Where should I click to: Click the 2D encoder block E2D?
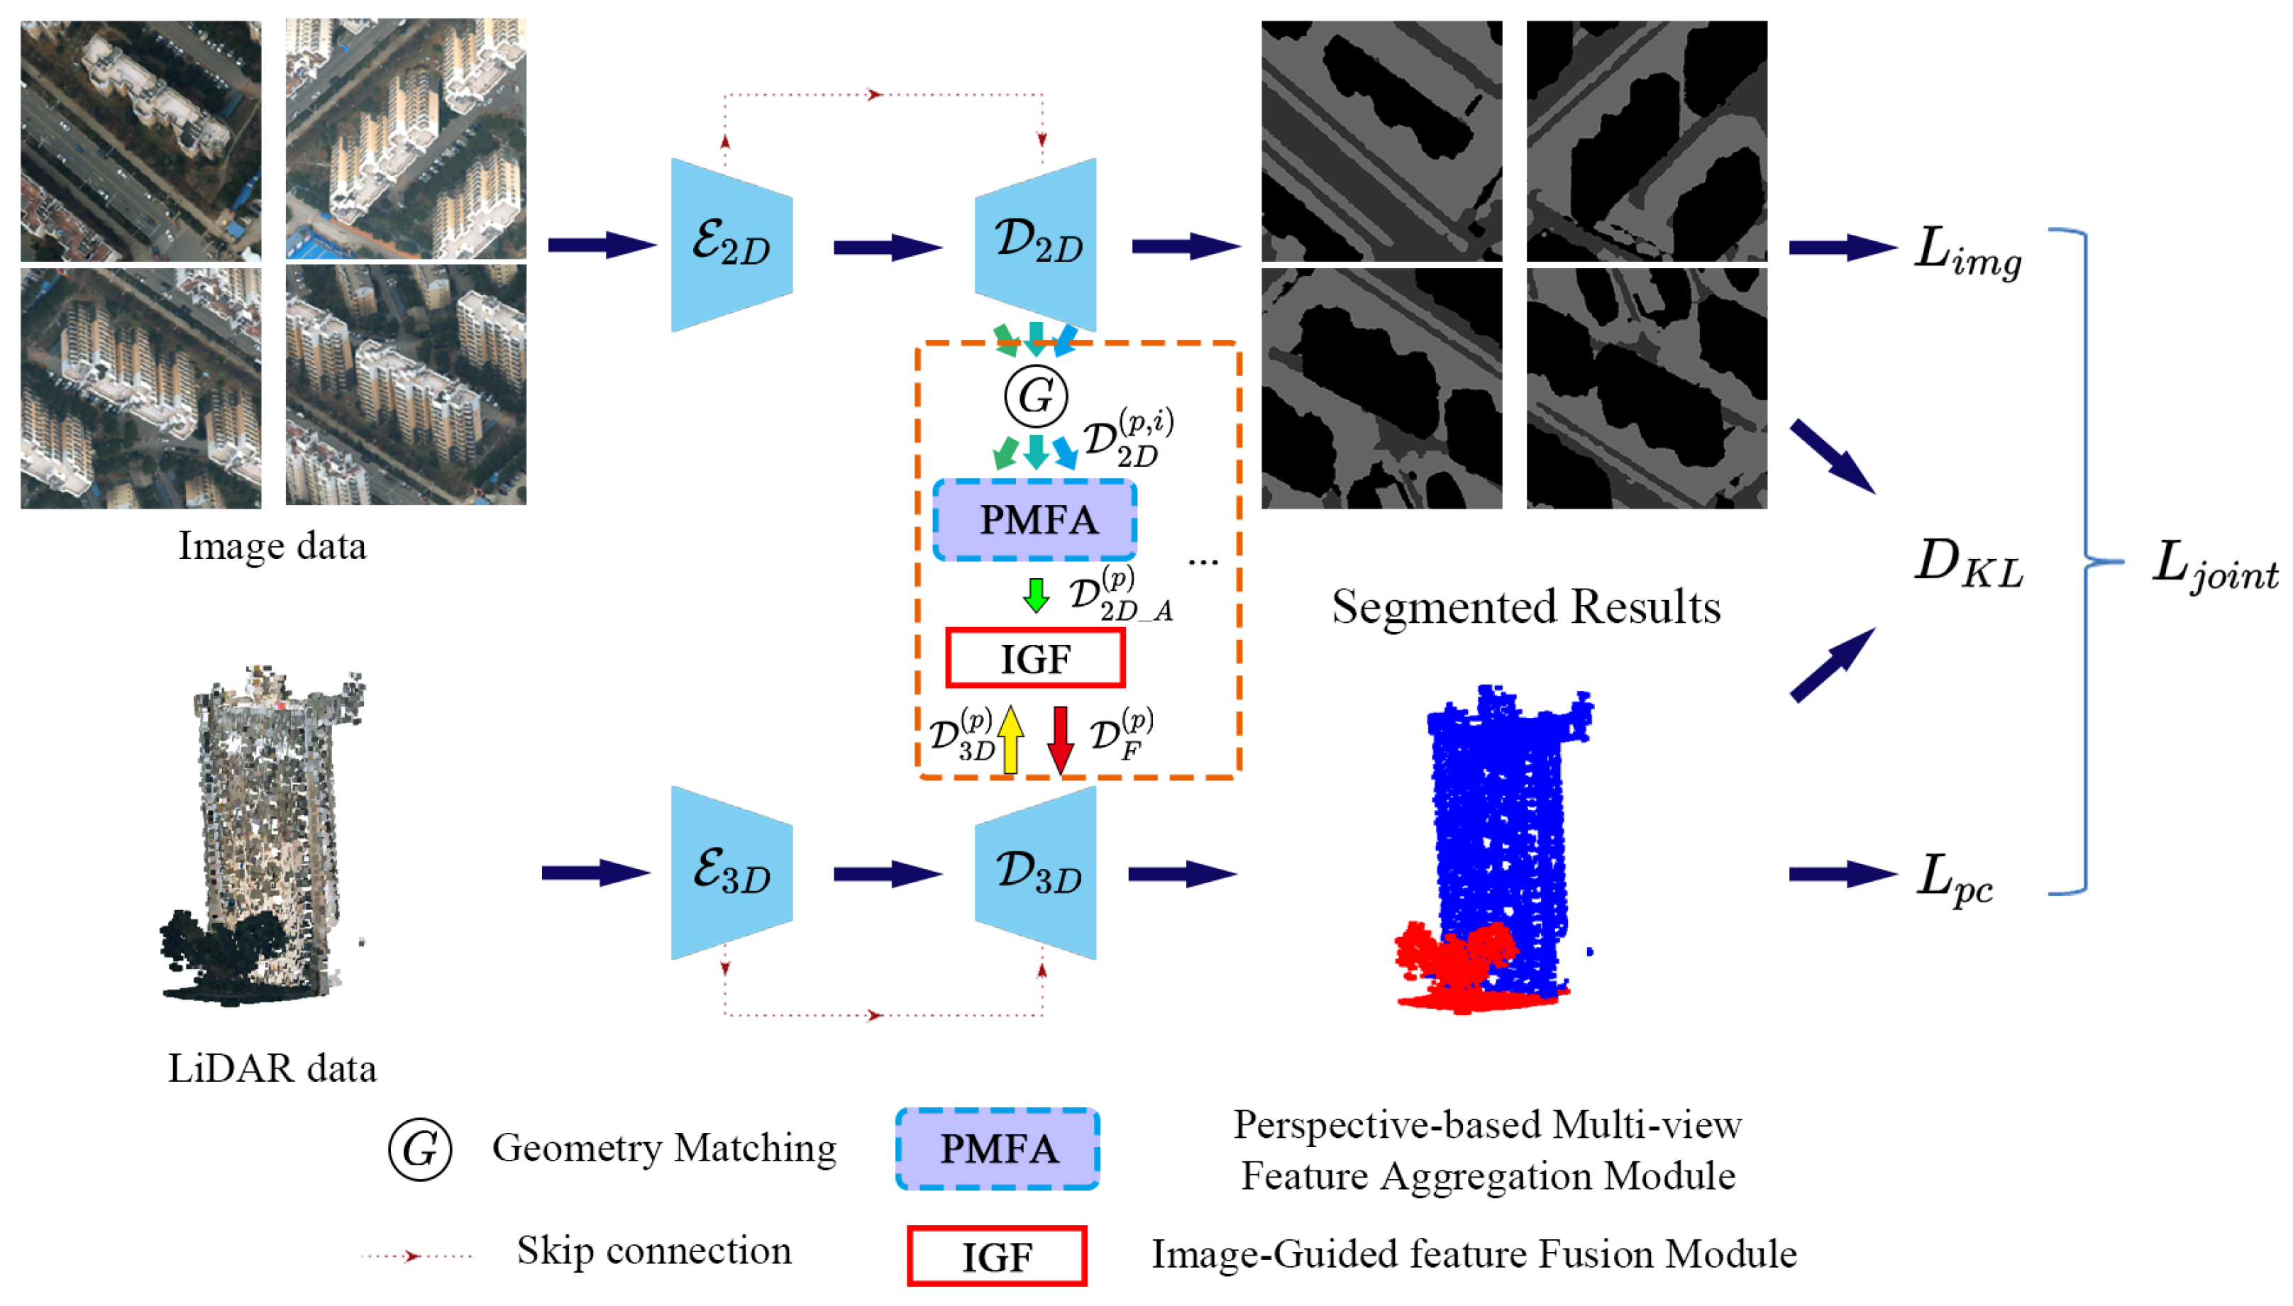(731, 244)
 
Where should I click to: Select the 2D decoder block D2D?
(1036, 244)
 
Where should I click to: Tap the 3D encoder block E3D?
(731, 872)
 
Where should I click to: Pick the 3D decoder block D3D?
(1036, 872)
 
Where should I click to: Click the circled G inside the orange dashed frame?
(1035, 396)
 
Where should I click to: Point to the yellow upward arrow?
(1010, 739)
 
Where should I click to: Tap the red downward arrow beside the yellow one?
(1061, 739)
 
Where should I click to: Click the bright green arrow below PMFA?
(1035, 594)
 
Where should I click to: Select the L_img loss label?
(1967, 251)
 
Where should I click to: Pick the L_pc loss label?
(1956, 878)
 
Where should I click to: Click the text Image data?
(272, 546)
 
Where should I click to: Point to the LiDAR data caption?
(272, 1068)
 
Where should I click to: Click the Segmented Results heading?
(1525, 607)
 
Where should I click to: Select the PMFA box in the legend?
(997, 1149)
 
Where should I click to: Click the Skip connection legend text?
(653, 1251)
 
